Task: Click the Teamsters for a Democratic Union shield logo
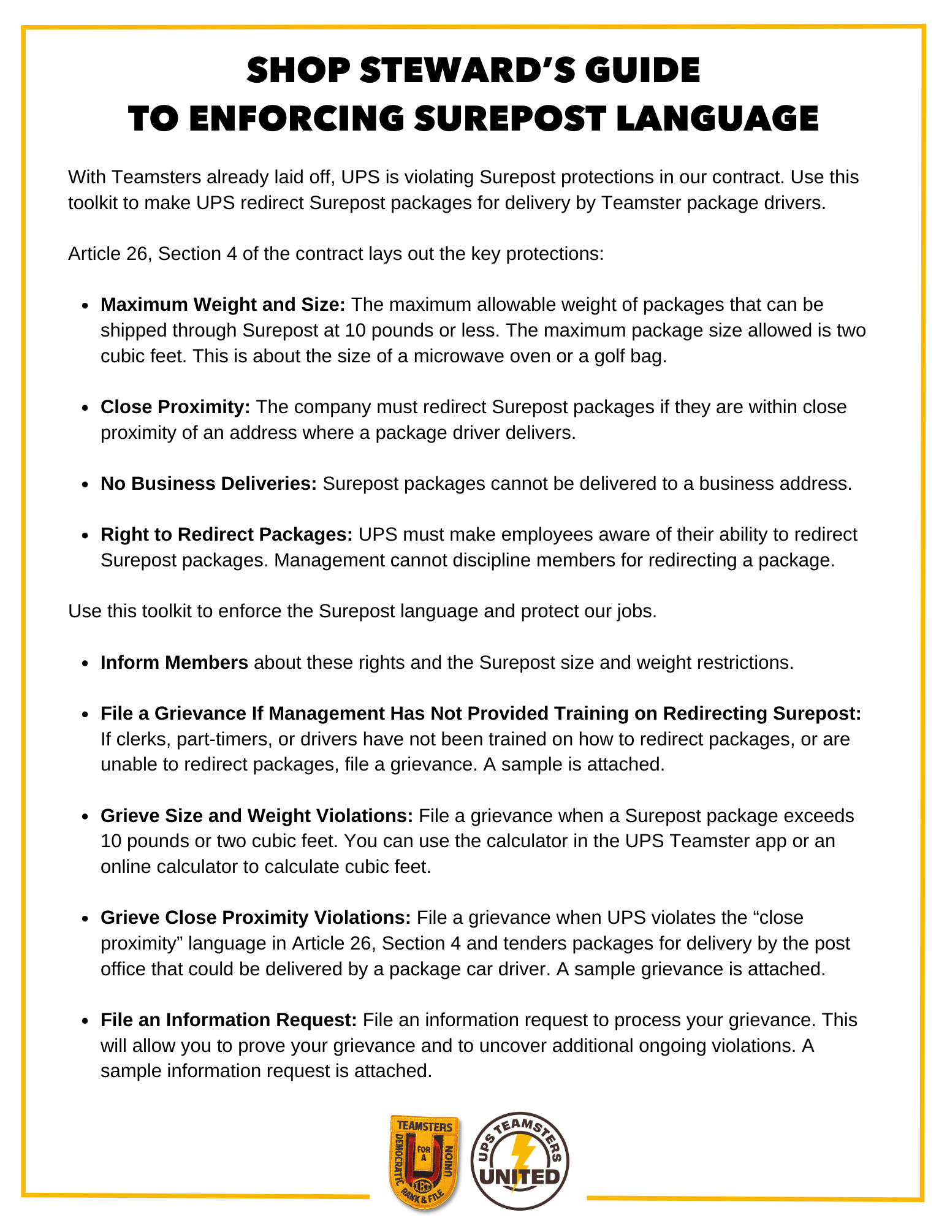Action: point(424,1162)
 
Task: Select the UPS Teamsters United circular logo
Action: point(520,1161)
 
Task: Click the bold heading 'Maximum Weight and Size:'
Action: point(223,305)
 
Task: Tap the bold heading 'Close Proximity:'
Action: point(175,407)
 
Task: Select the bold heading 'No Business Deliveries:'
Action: point(208,484)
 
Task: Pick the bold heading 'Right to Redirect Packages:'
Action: point(226,535)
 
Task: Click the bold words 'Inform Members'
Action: point(174,663)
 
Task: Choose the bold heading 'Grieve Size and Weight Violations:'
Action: point(257,816)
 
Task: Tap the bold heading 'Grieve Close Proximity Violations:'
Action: point(256,918)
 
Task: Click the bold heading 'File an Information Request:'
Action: point(229,1019)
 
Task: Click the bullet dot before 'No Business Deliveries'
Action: point(86,484)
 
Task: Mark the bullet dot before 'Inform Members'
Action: point(86,663)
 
